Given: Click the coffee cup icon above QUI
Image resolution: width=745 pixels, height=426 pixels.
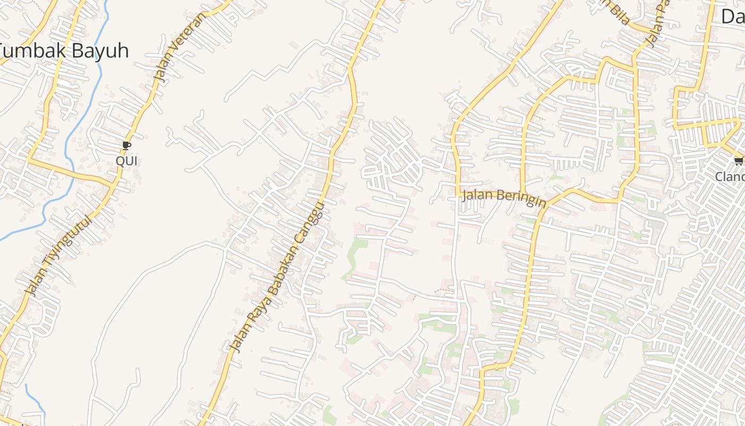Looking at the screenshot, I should (126, 145).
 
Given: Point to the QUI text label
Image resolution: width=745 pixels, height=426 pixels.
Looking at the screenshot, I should (126, 161).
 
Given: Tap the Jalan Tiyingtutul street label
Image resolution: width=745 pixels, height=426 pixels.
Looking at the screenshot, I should (59, 256).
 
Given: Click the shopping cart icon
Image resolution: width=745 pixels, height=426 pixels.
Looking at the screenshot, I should (738, 161).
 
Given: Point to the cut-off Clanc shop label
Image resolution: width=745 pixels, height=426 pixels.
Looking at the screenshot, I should (730, 176).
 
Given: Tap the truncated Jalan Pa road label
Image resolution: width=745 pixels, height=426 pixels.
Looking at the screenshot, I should (657, 24).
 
